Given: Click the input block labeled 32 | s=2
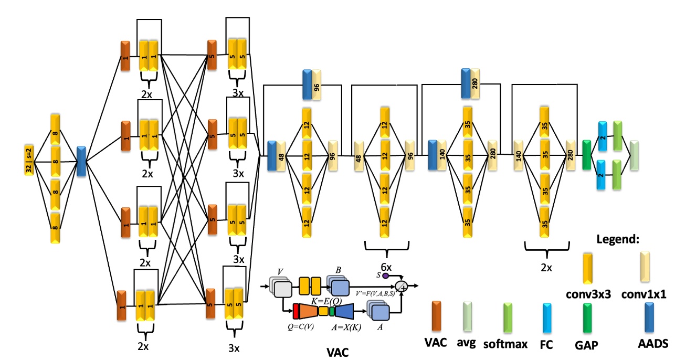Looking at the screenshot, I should [x=29, y=160].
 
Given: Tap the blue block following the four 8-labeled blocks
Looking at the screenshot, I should [x=81, y=161].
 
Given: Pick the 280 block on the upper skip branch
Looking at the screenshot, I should [x=474, y=83].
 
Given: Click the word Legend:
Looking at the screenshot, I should [x=617, y=239].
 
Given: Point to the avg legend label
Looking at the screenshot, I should [x=466, y=344].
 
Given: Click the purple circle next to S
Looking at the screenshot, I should [x=385, y=275].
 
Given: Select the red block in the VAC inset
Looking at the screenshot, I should [x=296, y=311].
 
